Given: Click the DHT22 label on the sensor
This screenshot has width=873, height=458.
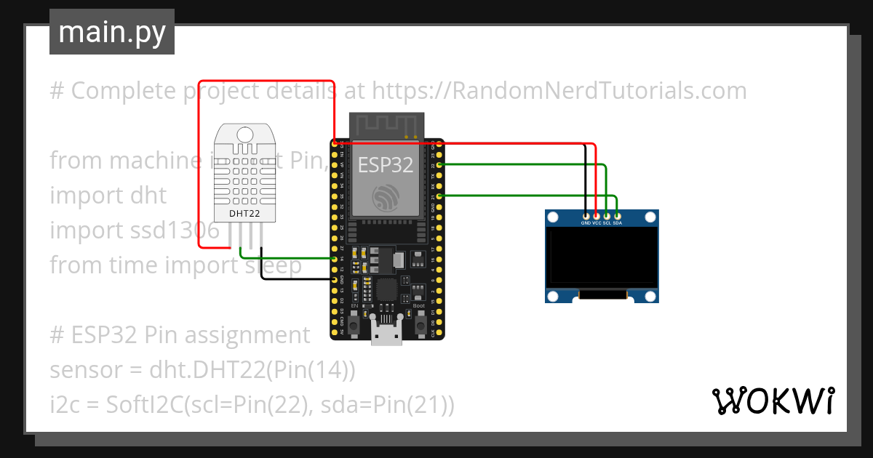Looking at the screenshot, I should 244,214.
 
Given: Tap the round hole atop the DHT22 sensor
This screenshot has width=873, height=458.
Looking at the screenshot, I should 245,134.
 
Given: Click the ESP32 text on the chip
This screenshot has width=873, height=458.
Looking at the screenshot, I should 386,165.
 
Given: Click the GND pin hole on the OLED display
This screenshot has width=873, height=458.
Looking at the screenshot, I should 586,215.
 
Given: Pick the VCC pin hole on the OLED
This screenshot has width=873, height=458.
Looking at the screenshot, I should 597,215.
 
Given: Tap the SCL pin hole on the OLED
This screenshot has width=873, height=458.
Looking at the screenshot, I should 607,215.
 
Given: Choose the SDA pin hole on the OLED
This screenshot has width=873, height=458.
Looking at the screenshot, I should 617,215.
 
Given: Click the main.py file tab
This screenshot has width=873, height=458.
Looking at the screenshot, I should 111,32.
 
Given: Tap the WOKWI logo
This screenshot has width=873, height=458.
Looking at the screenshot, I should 773,401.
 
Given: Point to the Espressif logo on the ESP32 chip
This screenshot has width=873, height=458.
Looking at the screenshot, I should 386,197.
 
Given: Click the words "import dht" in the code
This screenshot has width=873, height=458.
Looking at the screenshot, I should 108,196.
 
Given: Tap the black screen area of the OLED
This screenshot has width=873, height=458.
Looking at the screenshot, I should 602,258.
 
